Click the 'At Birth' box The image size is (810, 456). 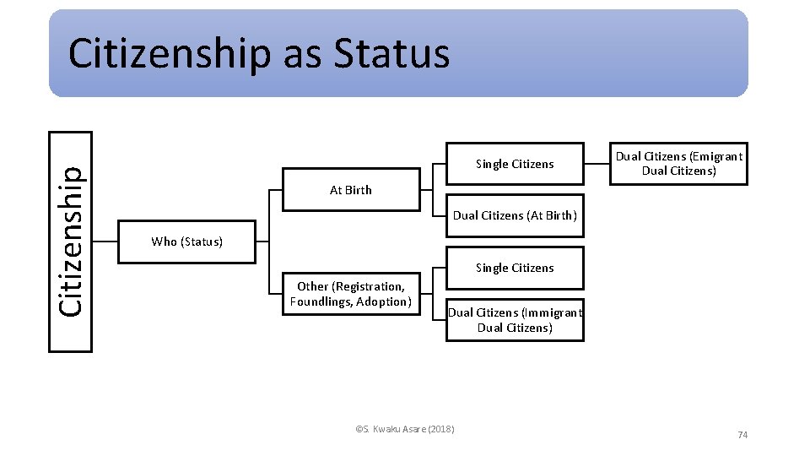click(x=350, y=190)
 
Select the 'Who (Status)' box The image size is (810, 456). click(x=186, y=242)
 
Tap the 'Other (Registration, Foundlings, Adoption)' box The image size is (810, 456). click(x=350, y=294)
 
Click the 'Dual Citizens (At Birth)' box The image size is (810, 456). click(x=515, y=215)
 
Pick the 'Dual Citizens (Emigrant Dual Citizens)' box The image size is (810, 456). click(x=678, y=163)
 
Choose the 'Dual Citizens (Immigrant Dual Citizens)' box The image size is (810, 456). click(x=515, y=320)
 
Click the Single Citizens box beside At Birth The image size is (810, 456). click(x=515, y=164)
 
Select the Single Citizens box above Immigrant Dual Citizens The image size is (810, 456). click(x=515, y=268)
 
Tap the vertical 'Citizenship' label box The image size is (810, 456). click(x=71, y=242)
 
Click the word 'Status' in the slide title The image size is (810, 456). click(x=391, y=54)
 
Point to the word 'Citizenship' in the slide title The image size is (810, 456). click(x=170, y=54)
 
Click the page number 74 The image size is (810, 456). click(x=742, y=435)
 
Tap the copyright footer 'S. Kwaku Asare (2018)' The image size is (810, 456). click(x=405, y=429)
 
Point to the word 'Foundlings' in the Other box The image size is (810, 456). click(x=320, y=301)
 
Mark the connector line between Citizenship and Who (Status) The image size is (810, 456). click(x=105, y=242)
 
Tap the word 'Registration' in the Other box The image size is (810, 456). click(x=368, y=286)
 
